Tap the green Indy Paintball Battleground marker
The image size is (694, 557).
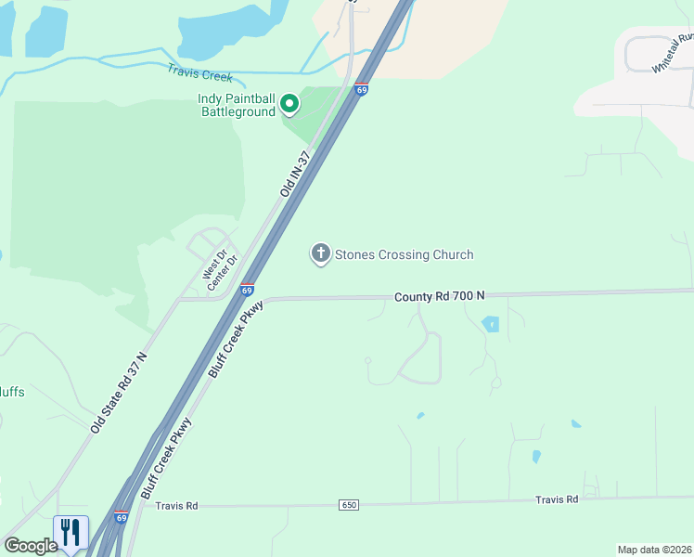(x=289, y=104)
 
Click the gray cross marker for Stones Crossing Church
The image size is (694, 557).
(x=320, y=253)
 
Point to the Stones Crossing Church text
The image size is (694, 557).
(x=404, y=254)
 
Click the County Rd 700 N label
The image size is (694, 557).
(x=439, y=296)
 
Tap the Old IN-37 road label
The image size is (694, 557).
(x=294, y=174)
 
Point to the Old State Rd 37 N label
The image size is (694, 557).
(x=119, y=394)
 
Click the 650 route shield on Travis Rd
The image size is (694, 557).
(x=348, y=504)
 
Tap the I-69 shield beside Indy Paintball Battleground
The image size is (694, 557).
(x=362, y=90)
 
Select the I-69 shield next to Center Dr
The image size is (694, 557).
(x=247, y=290)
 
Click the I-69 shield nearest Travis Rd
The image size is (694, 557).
(x=121, y=516)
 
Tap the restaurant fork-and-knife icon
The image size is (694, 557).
(x=71, y=532)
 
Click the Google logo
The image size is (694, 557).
(x=31, y=546)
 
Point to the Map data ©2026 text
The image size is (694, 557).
(x=654, y=550)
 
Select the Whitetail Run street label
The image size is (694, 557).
(x=674, y=54)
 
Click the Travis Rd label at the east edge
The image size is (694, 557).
(x=557, y=499)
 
